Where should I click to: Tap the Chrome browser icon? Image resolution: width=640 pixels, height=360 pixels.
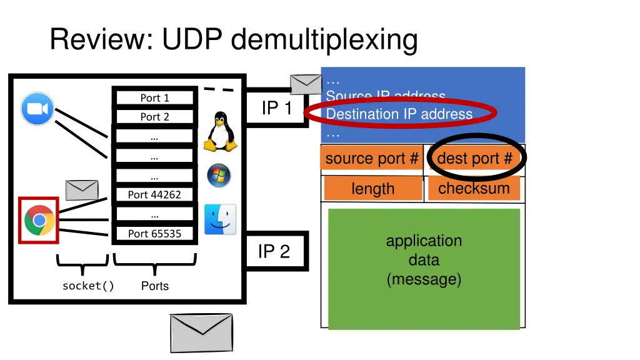tap(39, 220)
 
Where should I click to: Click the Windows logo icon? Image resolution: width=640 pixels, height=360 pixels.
tap(219, 176)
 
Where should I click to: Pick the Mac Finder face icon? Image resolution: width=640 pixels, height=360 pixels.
tap(220, 219)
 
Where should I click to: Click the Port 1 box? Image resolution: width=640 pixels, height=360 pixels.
tap(154, 97)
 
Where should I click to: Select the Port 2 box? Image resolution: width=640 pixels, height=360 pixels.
tap(154, 117)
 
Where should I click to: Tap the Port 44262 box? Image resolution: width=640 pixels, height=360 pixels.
tap(154, 194)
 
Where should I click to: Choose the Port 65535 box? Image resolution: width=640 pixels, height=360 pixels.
tap(154, 234)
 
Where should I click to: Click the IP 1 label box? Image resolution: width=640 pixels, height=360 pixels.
tap(276, 108)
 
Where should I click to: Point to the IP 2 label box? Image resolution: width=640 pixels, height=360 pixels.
tap(274, 251)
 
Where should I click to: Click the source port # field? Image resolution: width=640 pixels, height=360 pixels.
tap(372, 159)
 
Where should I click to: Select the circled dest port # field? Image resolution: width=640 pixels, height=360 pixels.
tap(475, 159)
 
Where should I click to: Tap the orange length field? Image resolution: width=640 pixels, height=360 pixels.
tap(373, 189)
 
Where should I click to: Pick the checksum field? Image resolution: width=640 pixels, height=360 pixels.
tap(474, 188)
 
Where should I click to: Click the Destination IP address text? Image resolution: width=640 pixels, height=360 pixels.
tap(399, 114)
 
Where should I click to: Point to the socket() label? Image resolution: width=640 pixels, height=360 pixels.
tap(88, 286)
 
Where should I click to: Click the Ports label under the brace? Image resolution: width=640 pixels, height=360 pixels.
tap(154, 286)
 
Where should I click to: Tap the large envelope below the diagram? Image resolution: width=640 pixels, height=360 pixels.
tap(201, 333)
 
